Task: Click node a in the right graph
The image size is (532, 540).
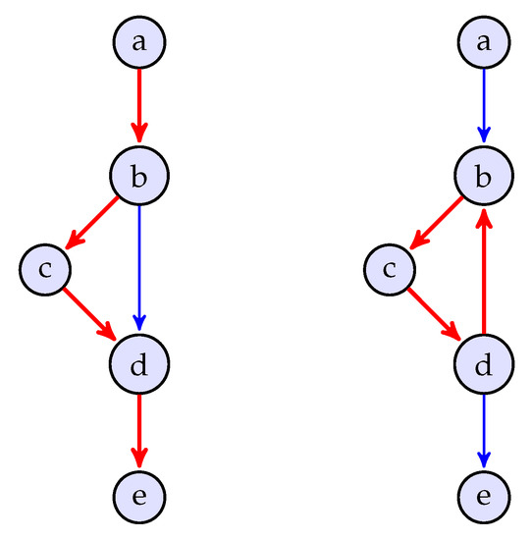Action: click(483, 42)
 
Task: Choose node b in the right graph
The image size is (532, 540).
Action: click(483, 177)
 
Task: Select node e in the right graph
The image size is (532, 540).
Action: click(483, 494)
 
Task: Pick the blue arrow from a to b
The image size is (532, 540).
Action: click(483, 106)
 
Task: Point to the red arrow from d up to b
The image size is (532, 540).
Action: click(483, 270)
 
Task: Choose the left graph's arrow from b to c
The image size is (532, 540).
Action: click(93, 222)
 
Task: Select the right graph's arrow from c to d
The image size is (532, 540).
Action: click(436, 314)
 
